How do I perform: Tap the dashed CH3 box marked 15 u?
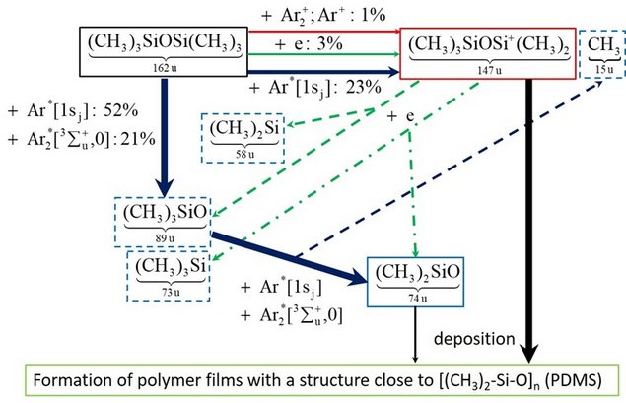click(600, 52)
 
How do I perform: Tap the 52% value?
click(116, 108)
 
